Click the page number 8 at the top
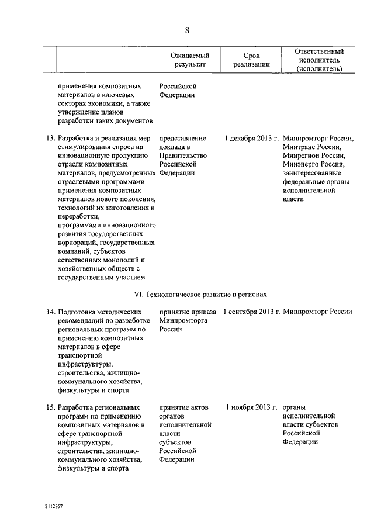(x=187, y=30)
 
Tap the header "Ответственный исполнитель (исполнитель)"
(x=318, y=60)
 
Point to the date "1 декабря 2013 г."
(x=252, y=139)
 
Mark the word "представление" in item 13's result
(x=182, y=139)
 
